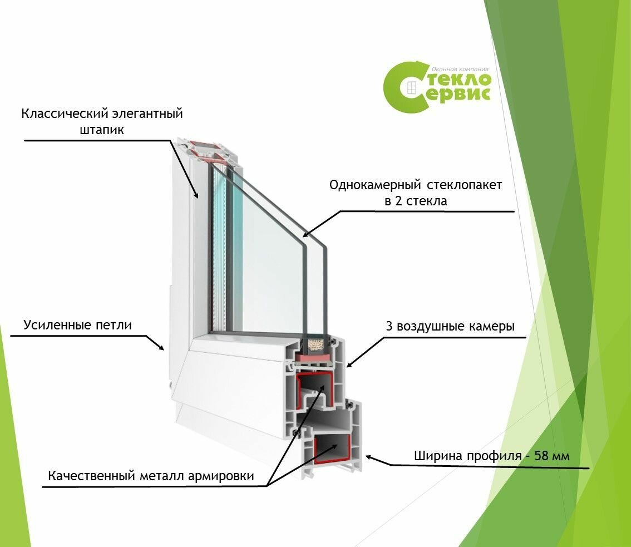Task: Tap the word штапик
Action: pyautogui.click(x=102, y=130)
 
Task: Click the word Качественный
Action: pyautogui.click(x=91, y=476)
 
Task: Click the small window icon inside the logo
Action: pyautogui.click(x=411, y=87)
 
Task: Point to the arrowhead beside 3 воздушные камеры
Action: pyautogui.click(x=349, y=364)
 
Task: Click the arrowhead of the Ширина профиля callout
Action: pyautogui.click(x=368, y=457)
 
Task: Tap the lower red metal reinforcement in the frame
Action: pyautogui.click(x=332, y=450)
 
